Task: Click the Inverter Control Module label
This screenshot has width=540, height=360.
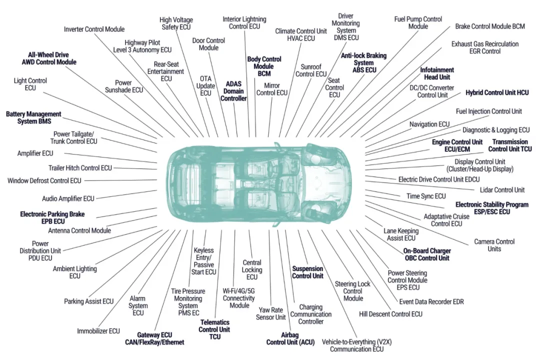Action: click(x=94, y=29)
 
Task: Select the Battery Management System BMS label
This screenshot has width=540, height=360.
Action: click(x=34, y=117)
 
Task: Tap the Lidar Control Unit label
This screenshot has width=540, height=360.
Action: click(x=502, y=190)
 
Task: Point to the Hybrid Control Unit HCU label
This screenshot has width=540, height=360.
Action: click(x=497, y=92)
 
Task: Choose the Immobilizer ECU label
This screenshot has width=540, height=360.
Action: click(x=98, y=331)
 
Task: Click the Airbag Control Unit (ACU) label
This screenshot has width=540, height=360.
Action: click(x=290, y=338)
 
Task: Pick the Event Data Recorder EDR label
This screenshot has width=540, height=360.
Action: click(x=431, y=302)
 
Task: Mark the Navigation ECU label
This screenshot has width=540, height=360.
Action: click(x=429, y=124)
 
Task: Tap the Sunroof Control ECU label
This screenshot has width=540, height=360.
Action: click(x=311, y=70)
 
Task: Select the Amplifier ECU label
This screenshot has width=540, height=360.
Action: click(x=35, y=153)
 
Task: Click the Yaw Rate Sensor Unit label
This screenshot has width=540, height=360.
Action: click(x=270, y=313)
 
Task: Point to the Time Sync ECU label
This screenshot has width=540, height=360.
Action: click(x=426, y=196)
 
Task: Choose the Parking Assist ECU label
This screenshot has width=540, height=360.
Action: click(x=89, y=301)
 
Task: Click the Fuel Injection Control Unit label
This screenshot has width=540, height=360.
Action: click(x=488, y=111)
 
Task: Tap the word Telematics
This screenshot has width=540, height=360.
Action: click(x=215, y=322)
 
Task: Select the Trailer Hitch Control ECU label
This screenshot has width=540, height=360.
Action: click(x=80, y=168)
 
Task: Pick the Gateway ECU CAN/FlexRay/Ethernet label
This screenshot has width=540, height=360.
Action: click(x=154, y=338)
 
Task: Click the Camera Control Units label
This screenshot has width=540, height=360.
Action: click(x=494, y=245)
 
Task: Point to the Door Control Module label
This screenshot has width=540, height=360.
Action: click(x=208, y=44)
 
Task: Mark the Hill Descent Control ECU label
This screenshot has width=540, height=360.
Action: click(x=390, y=314)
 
